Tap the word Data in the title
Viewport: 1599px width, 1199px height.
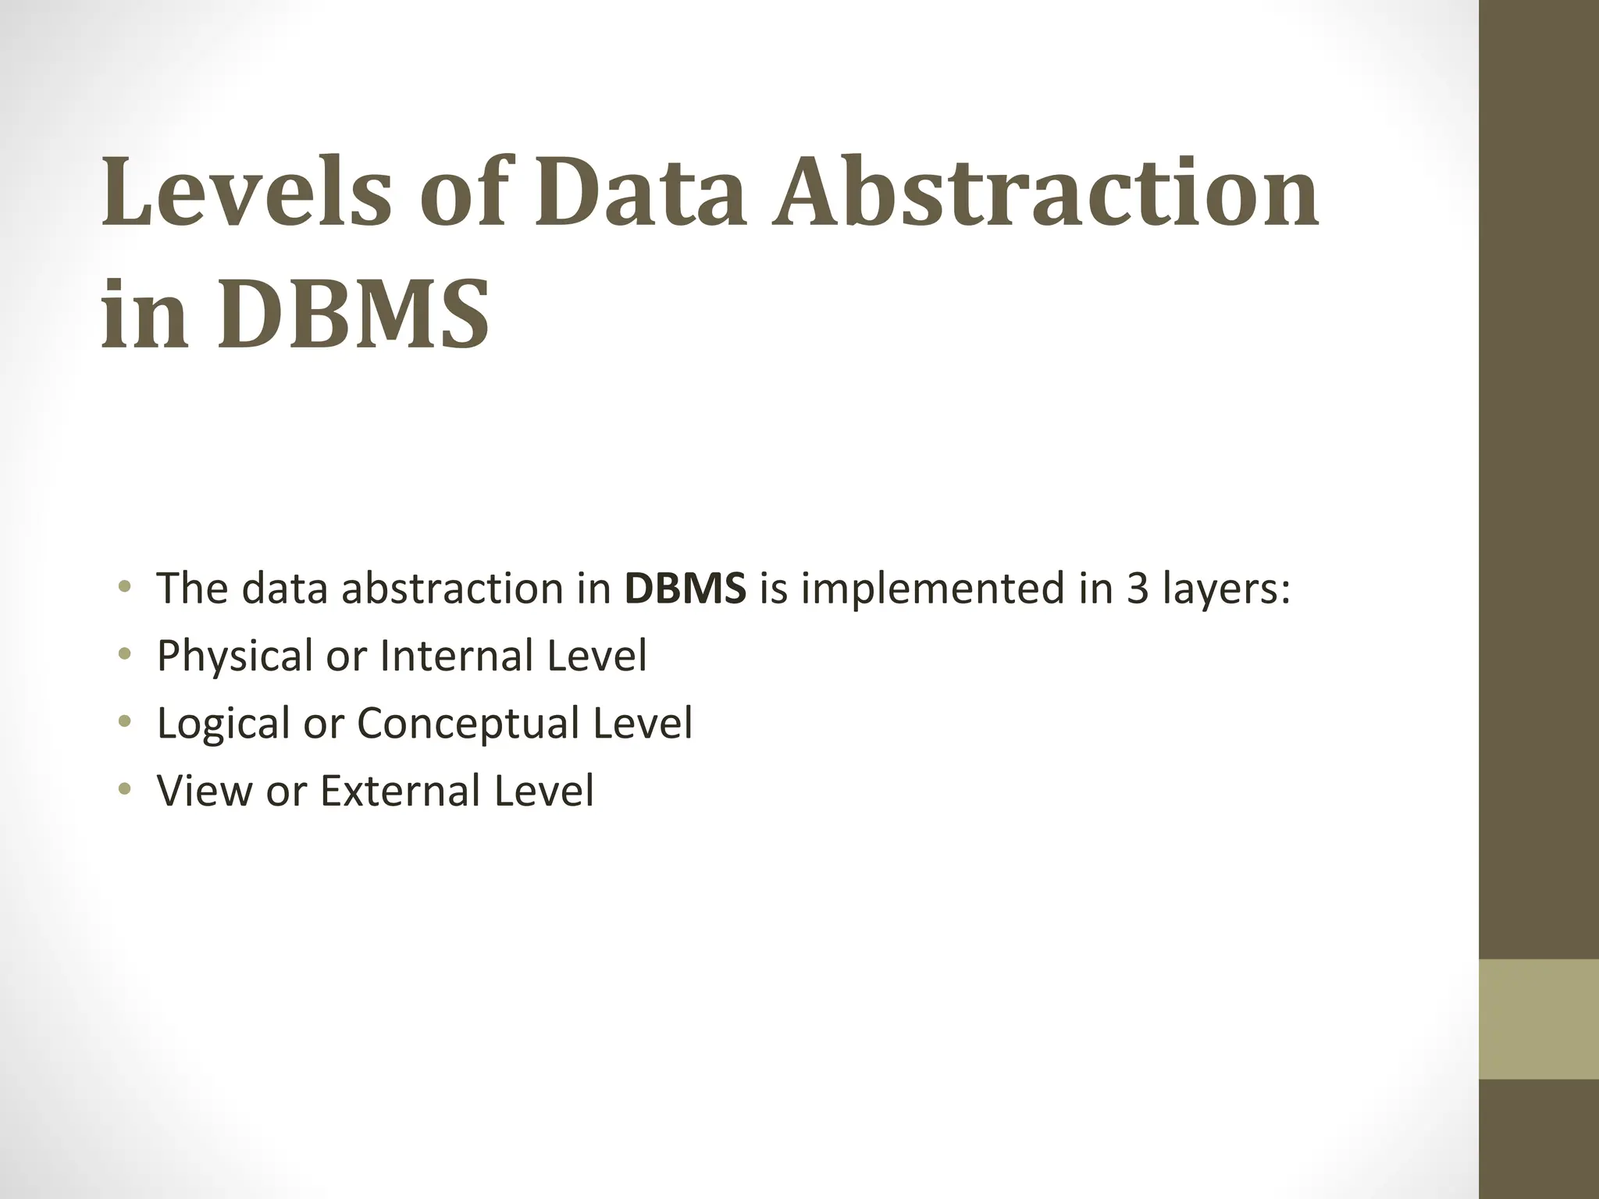[x=639, y=192]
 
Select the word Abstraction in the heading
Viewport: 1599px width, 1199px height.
[x=1045, y=192]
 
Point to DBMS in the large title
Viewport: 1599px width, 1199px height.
[x=353, y=314]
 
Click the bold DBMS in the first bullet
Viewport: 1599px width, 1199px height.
[x=686, y=588]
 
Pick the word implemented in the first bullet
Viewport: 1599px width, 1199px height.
[x=933, y=588]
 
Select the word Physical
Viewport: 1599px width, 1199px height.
[x=234, y=656]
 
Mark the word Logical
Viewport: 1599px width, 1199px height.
[x=223, y=724]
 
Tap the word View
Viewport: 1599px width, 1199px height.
[x=205, y=790]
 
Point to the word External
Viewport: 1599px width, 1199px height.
[x=400, y=790]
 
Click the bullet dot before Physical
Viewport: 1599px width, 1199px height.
[x=123, y=656]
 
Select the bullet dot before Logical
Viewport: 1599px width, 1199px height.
[x=123, y=723]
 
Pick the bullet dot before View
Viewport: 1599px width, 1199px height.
[x=123, y=790]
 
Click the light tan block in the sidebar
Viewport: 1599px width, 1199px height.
[x=1539, y=1019]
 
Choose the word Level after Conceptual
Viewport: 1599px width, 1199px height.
[x=643, y=722]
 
